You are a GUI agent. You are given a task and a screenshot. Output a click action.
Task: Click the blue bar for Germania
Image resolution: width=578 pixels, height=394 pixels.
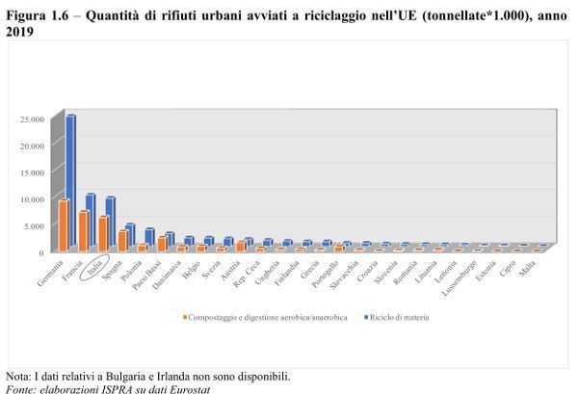coord(70,183)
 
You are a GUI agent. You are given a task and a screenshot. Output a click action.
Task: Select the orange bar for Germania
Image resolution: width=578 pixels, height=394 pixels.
coord(63,225)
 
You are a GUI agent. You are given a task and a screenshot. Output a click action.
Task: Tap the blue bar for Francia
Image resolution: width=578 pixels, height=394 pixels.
coord(91,223)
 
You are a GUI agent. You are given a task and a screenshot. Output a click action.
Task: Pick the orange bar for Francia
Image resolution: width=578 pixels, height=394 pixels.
coord(84,231)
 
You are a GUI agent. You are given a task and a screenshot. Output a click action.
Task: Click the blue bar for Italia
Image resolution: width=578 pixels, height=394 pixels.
coord(111,224)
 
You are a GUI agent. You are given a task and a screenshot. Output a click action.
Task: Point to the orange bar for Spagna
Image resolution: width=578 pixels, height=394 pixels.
coord(122,241)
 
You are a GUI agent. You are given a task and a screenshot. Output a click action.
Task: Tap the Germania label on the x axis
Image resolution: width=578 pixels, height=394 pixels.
coord(49,274)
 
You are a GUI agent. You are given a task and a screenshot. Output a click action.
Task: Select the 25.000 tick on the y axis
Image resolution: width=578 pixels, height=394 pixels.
coord(33,119)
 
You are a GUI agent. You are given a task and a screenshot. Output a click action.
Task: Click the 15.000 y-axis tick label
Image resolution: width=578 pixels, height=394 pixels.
coord(33,172)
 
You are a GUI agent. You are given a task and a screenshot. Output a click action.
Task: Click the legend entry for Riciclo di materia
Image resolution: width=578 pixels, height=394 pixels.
coord(398,316)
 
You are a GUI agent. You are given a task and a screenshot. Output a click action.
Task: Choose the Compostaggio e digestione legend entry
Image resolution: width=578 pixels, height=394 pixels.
coord(261,316)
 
